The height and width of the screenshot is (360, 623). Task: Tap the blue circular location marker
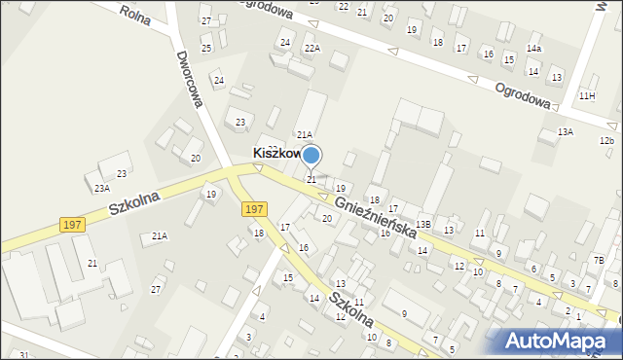pos(311,155)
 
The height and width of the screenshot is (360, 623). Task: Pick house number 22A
pos(311,48)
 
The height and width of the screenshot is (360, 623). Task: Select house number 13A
pos(565,131)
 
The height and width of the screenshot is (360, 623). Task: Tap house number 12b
pos(606,141)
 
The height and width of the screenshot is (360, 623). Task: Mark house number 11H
pos(586,95)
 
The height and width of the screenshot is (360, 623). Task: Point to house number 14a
pos(534,48)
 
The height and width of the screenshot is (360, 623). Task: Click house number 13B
pos(422,225)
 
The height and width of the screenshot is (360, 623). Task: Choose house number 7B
pos(599,260)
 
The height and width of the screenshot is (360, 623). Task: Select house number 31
pos(22,355)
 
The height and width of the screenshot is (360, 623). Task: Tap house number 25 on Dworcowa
pos(206,48)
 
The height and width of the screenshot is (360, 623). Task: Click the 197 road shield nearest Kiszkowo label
pos(254,208)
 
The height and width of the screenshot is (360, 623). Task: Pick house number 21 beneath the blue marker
pos(311,179)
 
